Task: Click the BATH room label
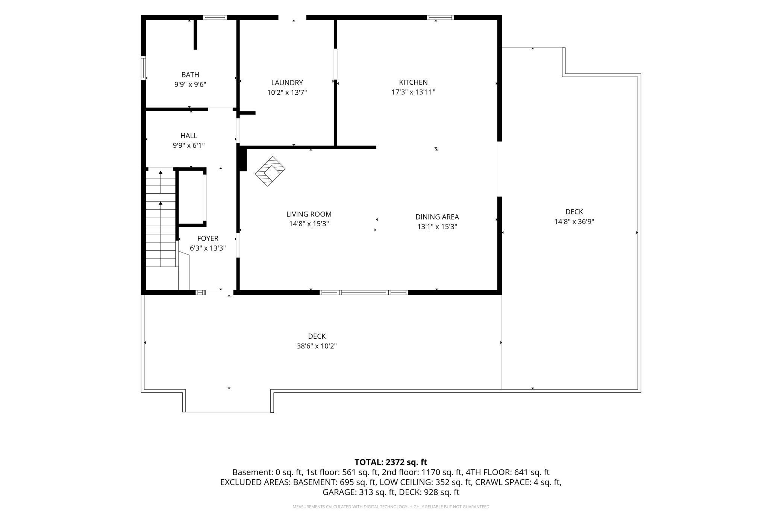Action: [x=190, y=75]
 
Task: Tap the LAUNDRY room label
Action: [x=287, y=83]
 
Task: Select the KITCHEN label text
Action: [x=413, y=82]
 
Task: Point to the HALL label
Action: [x=189, y=136]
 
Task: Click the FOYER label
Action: [x=208, y=238]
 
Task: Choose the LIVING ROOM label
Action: [x=309, y=214]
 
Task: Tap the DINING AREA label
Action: [x=437, y=217]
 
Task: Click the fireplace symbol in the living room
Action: [x=270, y=171]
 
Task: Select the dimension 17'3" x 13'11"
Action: [x=413, y=92]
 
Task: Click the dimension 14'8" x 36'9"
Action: [x=574, y=221]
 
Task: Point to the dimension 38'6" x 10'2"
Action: [x=317, y=346]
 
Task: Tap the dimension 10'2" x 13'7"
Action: [x=287, y=92]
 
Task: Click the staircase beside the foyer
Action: [x=161, y=218]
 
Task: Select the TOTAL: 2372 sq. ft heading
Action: [x=391, y=462]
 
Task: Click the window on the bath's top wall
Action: [x=215, y=17]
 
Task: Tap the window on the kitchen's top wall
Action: [x=440, y=17]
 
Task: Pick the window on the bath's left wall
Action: [x=143, y=68]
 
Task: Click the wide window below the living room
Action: [x=364, y=292]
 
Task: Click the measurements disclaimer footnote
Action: [x=391, y=507]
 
